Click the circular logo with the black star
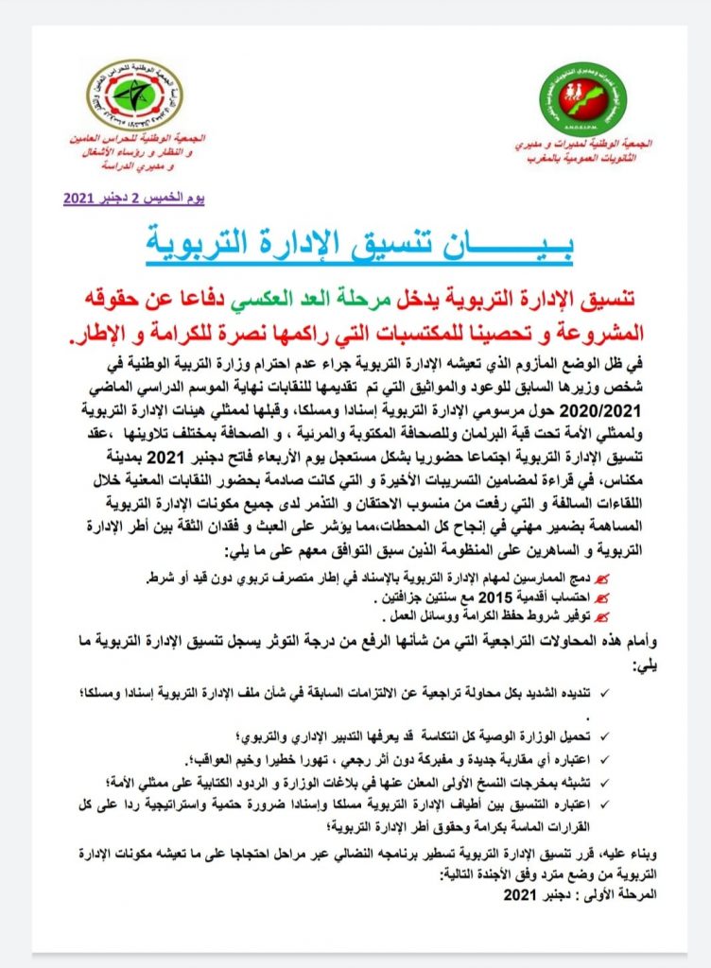pyautogui.click(x=134, y=95)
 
